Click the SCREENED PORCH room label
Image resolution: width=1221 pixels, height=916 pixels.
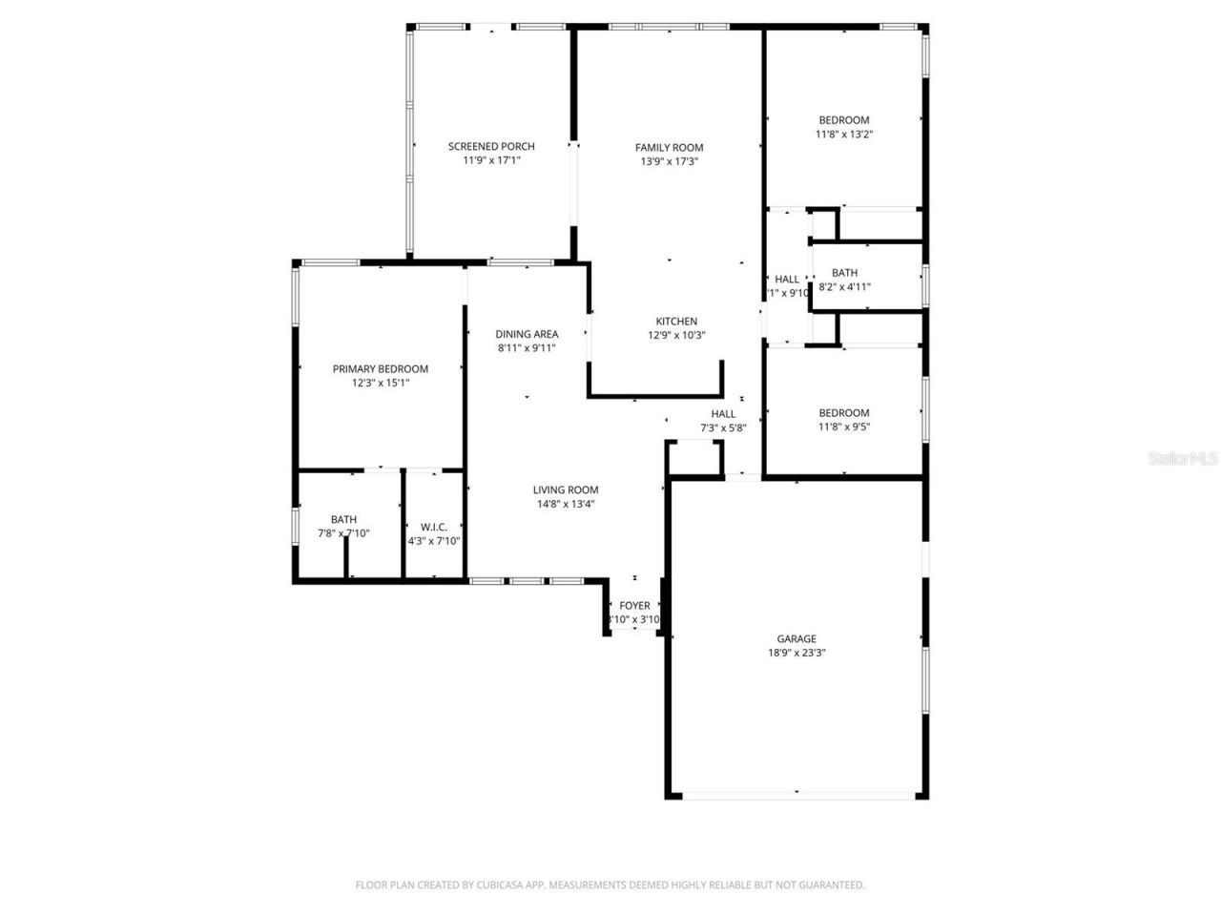coord(491,146)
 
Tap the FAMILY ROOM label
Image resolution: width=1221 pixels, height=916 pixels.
coord(669,147)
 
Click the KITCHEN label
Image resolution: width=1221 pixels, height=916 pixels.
coord(676,322)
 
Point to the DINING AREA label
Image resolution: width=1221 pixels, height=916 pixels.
coord(527,334)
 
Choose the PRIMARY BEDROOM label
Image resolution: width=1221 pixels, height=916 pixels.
coord(380,368)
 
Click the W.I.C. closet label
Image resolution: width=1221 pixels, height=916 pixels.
coord(434,527)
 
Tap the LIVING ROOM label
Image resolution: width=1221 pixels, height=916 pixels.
coord(566,489)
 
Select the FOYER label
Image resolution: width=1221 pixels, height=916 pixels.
coord(634,605)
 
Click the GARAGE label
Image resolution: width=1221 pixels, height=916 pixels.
coord(796,638)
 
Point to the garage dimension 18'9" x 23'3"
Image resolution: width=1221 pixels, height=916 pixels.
coord(796,653)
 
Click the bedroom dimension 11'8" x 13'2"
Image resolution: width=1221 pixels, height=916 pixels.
coord(844,135)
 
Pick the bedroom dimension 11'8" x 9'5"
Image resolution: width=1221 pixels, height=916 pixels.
coord(844,427)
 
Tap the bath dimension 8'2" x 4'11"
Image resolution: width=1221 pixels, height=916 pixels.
coord(844,286)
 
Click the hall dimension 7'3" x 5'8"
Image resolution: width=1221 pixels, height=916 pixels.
coord(723,427)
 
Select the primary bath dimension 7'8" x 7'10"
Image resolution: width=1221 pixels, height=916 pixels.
coord(343,533)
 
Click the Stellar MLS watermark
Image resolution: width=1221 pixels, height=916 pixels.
coord(1183,458)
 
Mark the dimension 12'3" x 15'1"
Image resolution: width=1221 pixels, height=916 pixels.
coord(380,383)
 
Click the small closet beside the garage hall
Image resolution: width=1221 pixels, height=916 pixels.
coord(694,457)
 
